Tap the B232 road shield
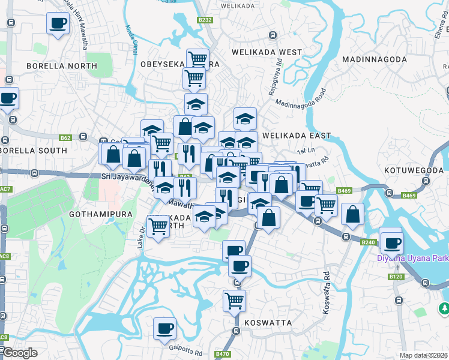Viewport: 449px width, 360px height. click(205, 20)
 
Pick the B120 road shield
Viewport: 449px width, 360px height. click(396, 277)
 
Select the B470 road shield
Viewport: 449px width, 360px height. click(223, 354)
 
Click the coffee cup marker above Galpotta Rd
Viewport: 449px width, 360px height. click(164, 328)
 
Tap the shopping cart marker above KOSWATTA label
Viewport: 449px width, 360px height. click(234, 299)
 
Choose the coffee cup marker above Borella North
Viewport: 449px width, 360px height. click(58, 23)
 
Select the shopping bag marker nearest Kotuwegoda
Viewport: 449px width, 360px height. click(353, 213)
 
